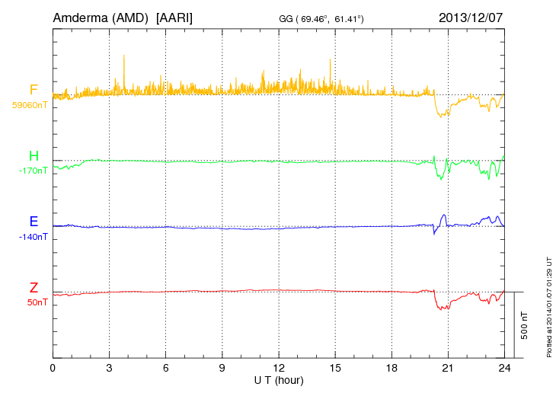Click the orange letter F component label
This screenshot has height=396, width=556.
pyautogui.click(x=34, y=90)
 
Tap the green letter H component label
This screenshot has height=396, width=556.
pyautogui.click(x=34, y=156)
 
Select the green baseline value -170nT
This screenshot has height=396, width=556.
pyautogui.click(x=33, y=171)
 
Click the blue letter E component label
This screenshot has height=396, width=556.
pyautogui.click(x=34, y=222)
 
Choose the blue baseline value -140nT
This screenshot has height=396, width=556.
pyautogui.click(x=33, y=237)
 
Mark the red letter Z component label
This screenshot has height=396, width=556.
pyautogui.click(x=34, y=288)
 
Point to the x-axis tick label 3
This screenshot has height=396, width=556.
pyautogui.click(x=109, y=368)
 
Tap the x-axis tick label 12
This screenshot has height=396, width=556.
pyautogui.click(x=279, y=368)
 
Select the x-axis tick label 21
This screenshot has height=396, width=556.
pyautogui.click(x=448, y=368)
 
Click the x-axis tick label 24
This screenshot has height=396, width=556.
pyautogui.click(x=504, y=368)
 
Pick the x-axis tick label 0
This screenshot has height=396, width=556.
pyautogui.click(x=53, y=368)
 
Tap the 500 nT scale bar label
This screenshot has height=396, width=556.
pyautogui.click(x=524, y=325)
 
